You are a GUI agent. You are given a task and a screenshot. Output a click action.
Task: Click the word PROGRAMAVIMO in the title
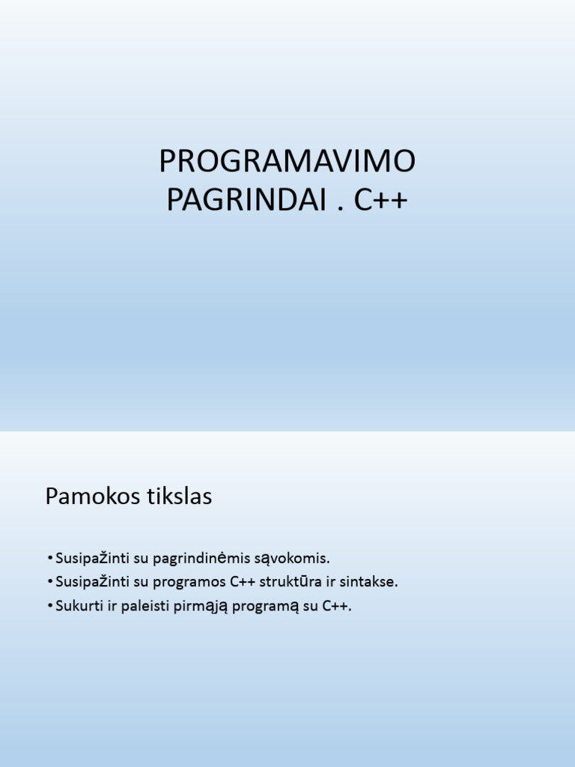click(287, 162)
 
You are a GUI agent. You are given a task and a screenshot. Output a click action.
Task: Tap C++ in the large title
click(381, 201)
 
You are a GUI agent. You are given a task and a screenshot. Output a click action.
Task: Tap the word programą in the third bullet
click(266, 607)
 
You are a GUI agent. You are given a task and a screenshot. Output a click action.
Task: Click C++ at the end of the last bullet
click(337, 606)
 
